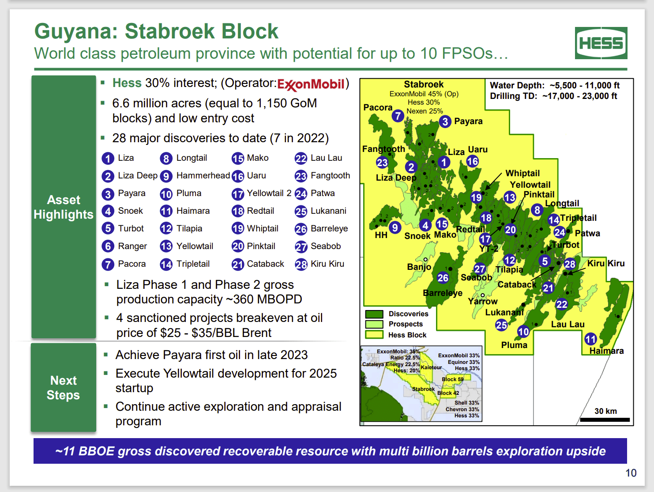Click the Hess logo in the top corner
(x=601, y=43)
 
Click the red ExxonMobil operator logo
(x=311, y=84)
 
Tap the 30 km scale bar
(x=605, y=420)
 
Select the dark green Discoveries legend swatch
(x=374, y=314)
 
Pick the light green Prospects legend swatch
(x=374, y=324)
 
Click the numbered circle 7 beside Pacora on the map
(x=398, y=116)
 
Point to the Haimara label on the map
(x=606, y=351)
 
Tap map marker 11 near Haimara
(x=590, y=339)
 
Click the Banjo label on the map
(x=419, y=267)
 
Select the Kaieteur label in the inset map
(x=431, y=367)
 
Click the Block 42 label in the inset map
(x=448, y=393)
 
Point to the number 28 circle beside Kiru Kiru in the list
(x=301, y=265)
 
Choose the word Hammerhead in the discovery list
(x=203, y=176)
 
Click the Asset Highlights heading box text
(x=64, y=207)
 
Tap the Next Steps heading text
(x=64, y=388)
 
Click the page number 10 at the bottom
(x=631, y=473)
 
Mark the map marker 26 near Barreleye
(x=443, y=278)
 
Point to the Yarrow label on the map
(x=483, y=302)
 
